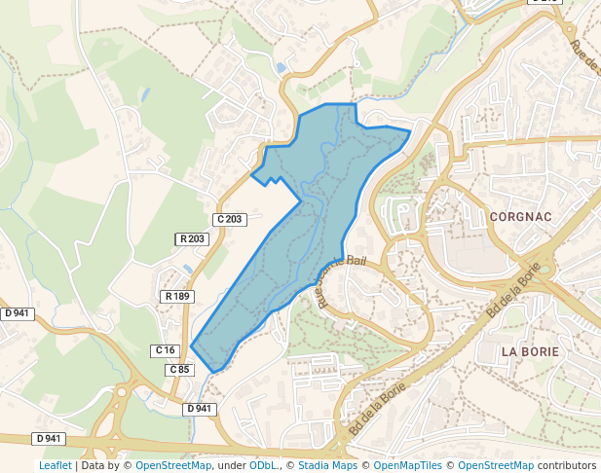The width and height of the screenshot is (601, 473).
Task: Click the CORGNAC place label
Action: click(x=521, y=216)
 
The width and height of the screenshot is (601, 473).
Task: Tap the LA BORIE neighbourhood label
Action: click(x=529, y=350)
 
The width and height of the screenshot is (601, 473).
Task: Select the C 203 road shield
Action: click(x=231, y=219)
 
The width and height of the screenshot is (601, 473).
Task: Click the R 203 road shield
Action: click(x=192, y=238)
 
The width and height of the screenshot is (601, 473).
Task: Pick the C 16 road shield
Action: click(x=165, y=349)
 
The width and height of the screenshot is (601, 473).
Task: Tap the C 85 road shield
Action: click(x=179, y=370)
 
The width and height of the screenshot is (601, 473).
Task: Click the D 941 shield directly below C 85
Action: click(x=199, y=409)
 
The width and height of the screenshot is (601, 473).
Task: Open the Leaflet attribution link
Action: click(x=55, y=465)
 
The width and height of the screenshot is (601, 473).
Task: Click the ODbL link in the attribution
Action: click(x=263, y=465)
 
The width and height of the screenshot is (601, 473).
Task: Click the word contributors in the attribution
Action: click(x=567, y=465)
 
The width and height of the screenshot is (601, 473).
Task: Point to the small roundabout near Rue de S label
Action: click(x=572, y=29)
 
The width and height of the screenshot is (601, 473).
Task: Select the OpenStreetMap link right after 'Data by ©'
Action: click(x=173, y=465)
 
